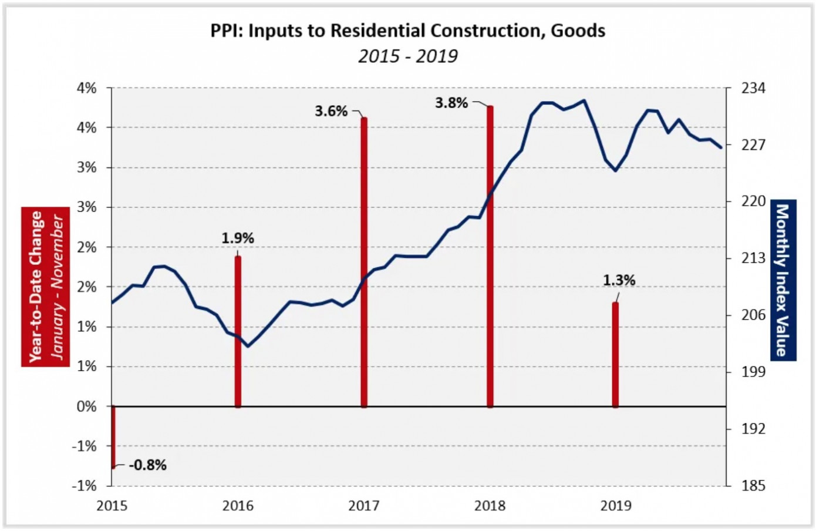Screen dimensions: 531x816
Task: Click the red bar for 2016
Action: click(238, 332)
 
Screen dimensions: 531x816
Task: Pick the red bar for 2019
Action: click(615, 355)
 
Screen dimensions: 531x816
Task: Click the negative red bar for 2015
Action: click(113, 437)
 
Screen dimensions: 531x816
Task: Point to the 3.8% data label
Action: click(451, 103)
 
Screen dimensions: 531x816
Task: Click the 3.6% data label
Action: click(331, 111)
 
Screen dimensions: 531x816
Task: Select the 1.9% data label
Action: click(238, 238)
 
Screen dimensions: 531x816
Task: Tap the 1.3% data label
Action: click(619, 281)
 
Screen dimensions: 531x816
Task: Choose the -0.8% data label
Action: click(147, 465)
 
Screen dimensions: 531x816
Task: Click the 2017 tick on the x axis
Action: click(364, 506)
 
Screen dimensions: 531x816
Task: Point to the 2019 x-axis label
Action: click(616, 506)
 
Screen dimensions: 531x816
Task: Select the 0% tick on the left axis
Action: click(87, 406)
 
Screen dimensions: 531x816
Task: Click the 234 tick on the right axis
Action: click(753, 89)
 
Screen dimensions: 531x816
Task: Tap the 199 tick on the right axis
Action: click(753, 372)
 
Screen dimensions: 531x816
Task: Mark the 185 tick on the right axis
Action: click(753, 486)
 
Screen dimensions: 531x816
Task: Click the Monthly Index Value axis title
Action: click(783, 280)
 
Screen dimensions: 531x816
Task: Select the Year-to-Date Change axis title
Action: click(36, 287)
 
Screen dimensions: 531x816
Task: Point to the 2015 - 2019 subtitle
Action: click(408, 56)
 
